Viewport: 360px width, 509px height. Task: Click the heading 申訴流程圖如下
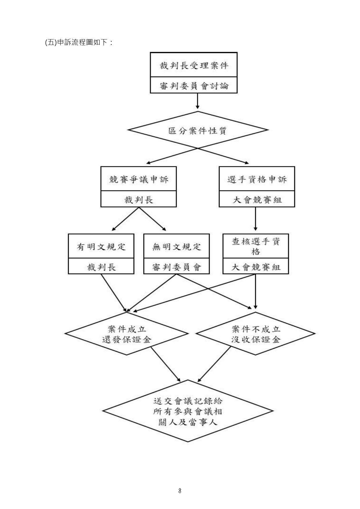(79, 42)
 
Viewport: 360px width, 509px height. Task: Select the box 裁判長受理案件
(194, 65)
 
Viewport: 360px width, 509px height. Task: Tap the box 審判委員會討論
(194, 86)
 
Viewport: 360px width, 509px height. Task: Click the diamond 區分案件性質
(198, 131)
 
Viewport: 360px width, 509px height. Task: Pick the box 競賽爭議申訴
(139, 179)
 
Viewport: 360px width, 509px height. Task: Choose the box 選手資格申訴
(257, 179)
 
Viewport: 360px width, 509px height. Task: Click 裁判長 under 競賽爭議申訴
(139, 200)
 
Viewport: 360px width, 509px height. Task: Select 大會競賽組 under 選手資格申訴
(257, 200)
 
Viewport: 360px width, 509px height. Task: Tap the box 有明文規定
(101, 247)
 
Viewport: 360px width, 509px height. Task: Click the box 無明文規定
(177, 247)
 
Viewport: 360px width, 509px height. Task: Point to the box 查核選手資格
(256, 246)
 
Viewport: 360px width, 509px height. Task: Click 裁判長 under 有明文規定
(101, 267)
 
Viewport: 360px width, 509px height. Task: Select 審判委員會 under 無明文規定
(177, 267)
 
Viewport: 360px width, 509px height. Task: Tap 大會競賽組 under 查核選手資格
(256, 267)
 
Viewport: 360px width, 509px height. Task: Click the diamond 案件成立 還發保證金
(127, 334)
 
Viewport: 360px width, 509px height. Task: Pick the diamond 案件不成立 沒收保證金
(256, 334)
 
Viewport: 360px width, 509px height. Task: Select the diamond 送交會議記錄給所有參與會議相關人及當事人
(188, 411)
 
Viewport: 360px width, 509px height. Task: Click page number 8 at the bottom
(180, 491)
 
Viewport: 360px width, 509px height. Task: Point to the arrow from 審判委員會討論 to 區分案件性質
(198, 102)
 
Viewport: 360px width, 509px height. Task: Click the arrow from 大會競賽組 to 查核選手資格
(256, 219)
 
